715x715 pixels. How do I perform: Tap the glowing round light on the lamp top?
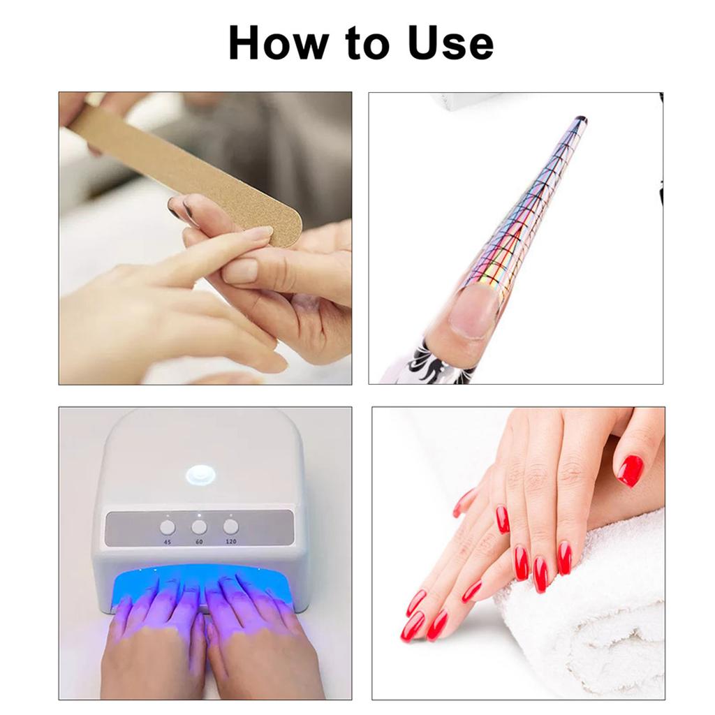click(200, 476)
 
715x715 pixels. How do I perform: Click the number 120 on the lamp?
click(230, 541)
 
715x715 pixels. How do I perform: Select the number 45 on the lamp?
click(168, 541)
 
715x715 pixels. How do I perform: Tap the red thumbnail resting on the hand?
click(630, 471)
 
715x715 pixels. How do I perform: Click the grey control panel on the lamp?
click(199, 529)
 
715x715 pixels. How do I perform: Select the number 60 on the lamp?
click(199, 541)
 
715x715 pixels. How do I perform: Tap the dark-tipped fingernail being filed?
click(177, 208)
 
